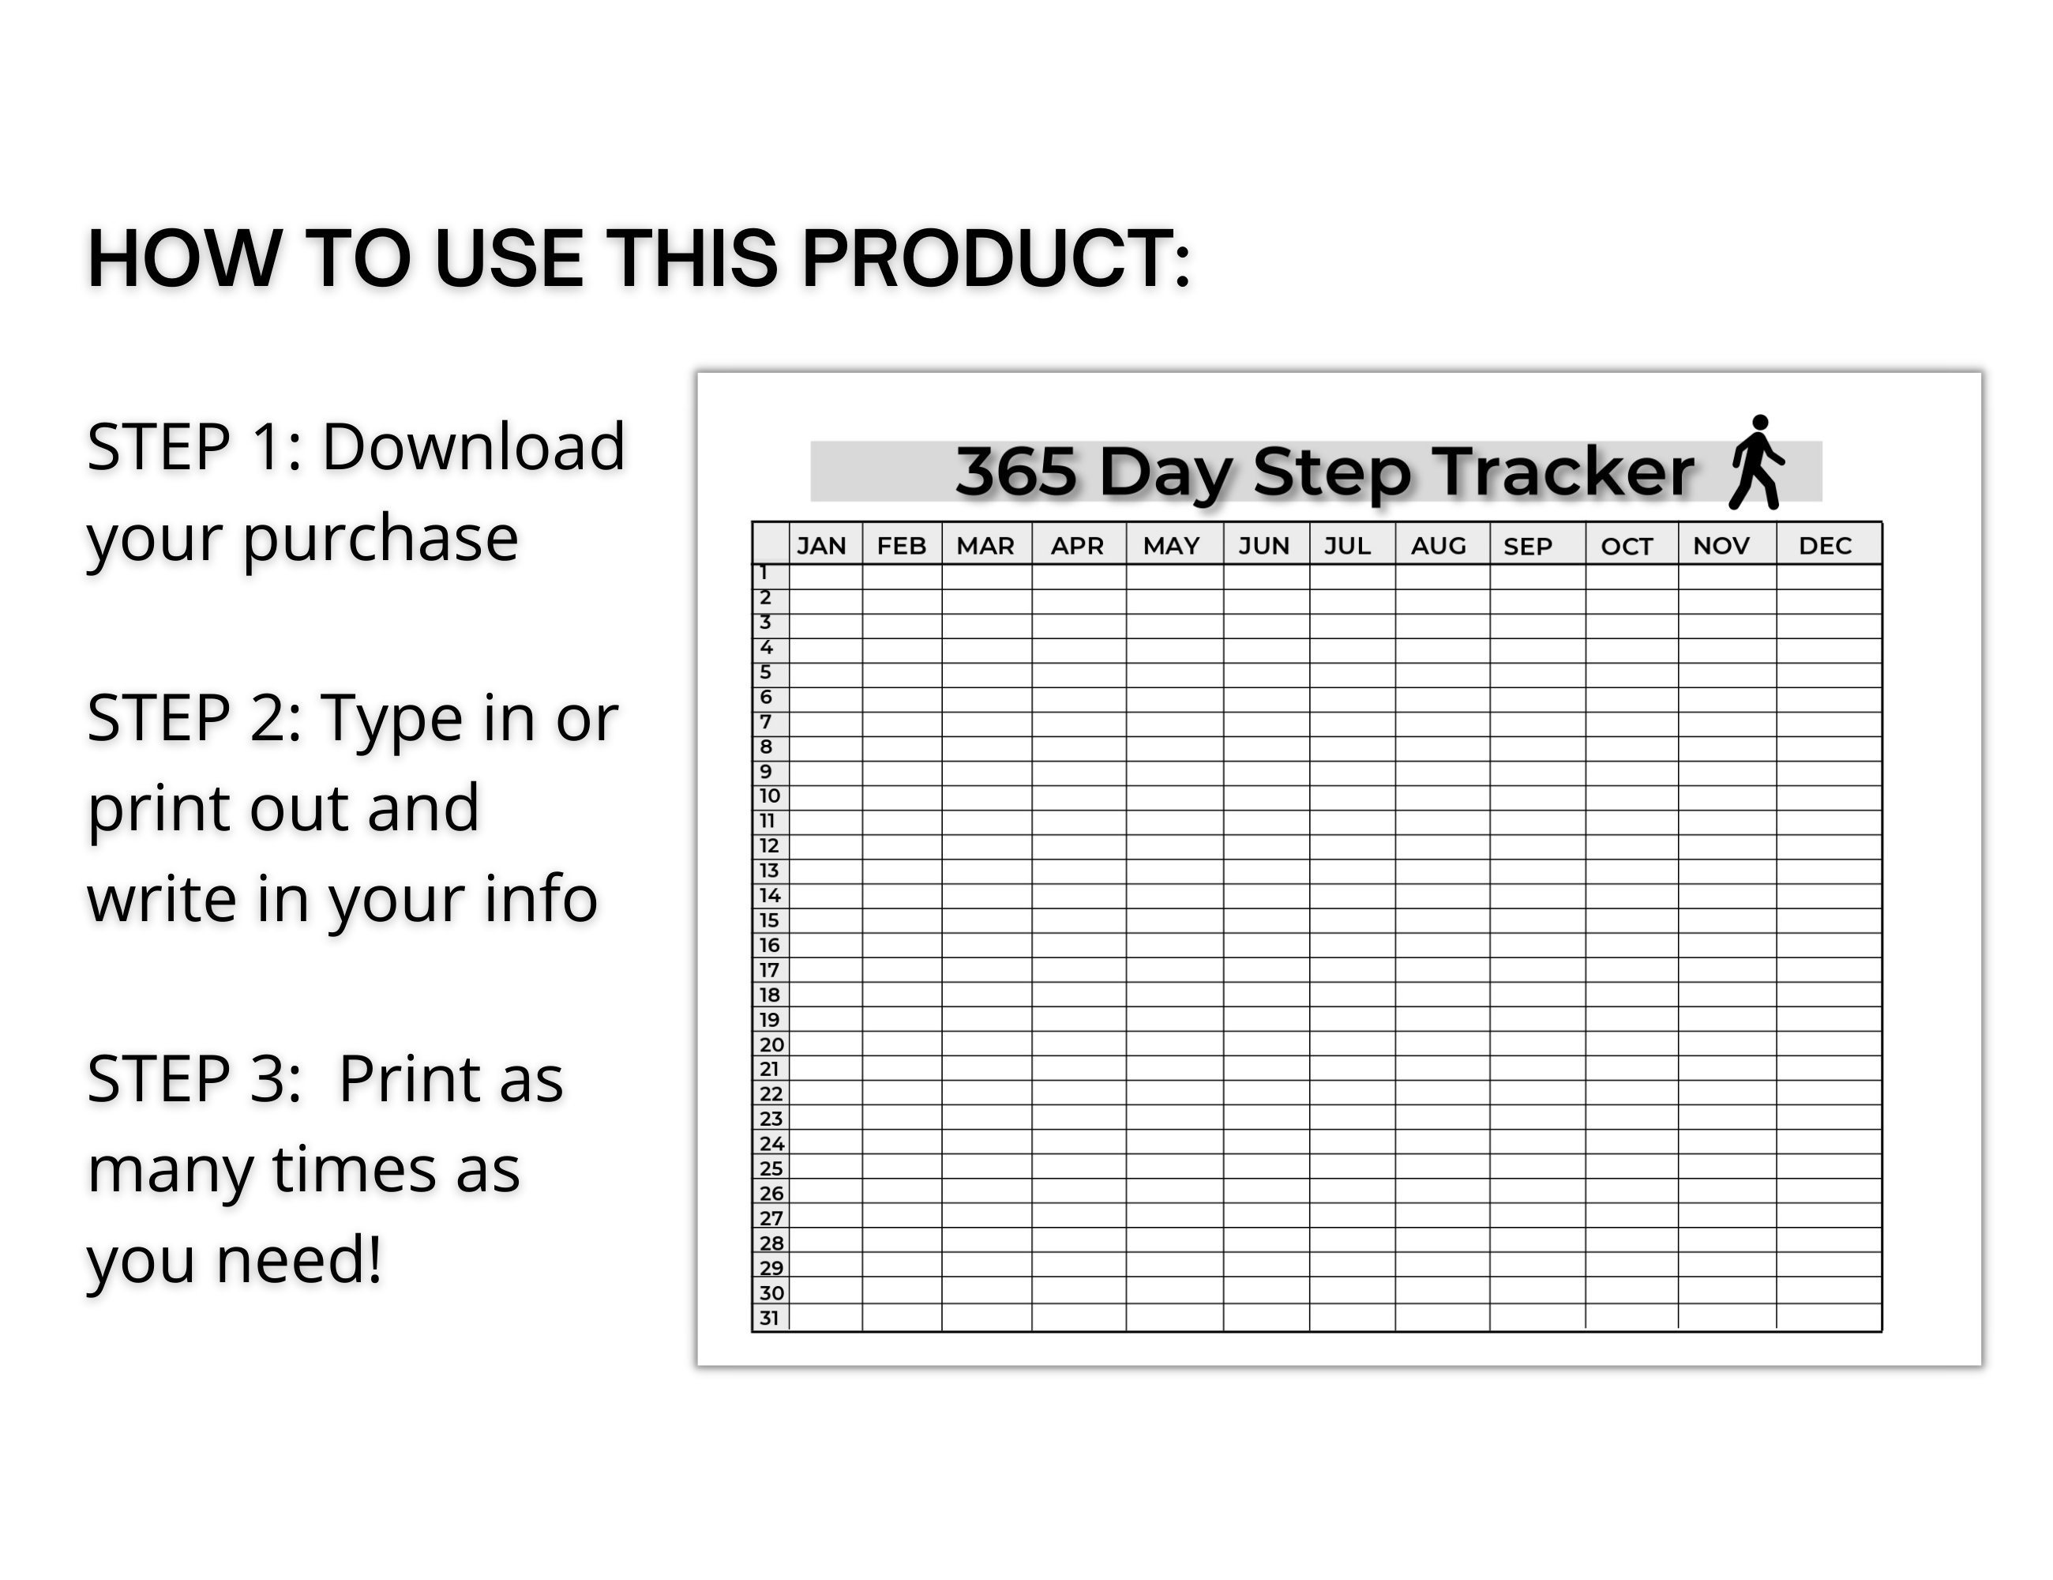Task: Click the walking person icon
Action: coord(1755,463)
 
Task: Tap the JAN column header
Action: coord(821,545)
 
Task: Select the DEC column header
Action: coord(1825,545)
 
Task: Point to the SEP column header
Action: coord(1528,545)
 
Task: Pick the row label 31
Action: coord(770,1318)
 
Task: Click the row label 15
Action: coord(769,920)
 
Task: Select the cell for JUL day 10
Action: coord(1352,798)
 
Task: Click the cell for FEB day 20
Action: coord(902,1044)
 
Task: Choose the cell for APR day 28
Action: coord(1078,1241)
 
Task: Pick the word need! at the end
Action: coord(299,1260)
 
